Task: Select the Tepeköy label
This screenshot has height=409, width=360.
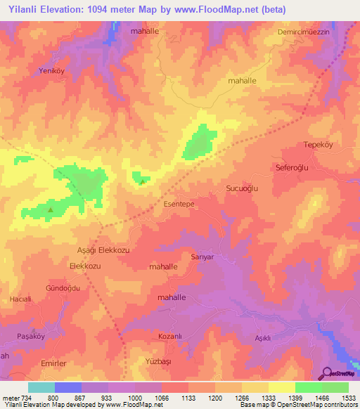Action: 316,145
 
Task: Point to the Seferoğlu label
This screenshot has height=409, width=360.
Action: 293,168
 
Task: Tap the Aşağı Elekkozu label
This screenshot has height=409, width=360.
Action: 103,250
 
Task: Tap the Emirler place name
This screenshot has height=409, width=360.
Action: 54,363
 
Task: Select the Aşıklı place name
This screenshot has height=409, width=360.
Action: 262,338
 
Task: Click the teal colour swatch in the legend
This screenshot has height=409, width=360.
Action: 41,387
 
